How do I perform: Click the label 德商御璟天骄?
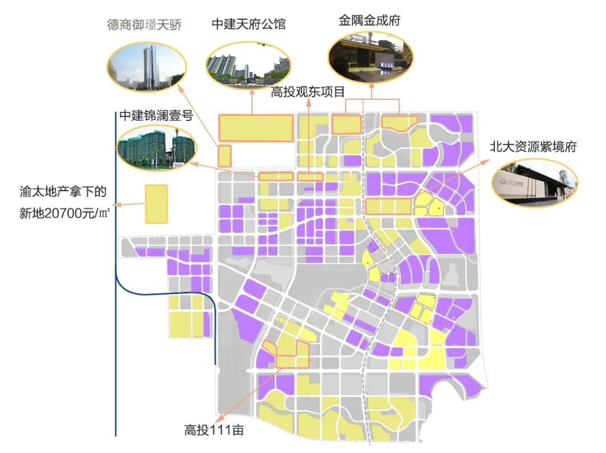[144, 25]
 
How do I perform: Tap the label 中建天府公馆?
[249, 24]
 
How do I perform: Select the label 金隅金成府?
[369, 20]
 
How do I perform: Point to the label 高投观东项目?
[307, 91]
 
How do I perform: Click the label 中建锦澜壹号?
[156, 116]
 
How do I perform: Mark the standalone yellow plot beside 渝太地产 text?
[157, 204]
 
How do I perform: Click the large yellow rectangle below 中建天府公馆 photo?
[256, 128]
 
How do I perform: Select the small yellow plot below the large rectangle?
[224, 155]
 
